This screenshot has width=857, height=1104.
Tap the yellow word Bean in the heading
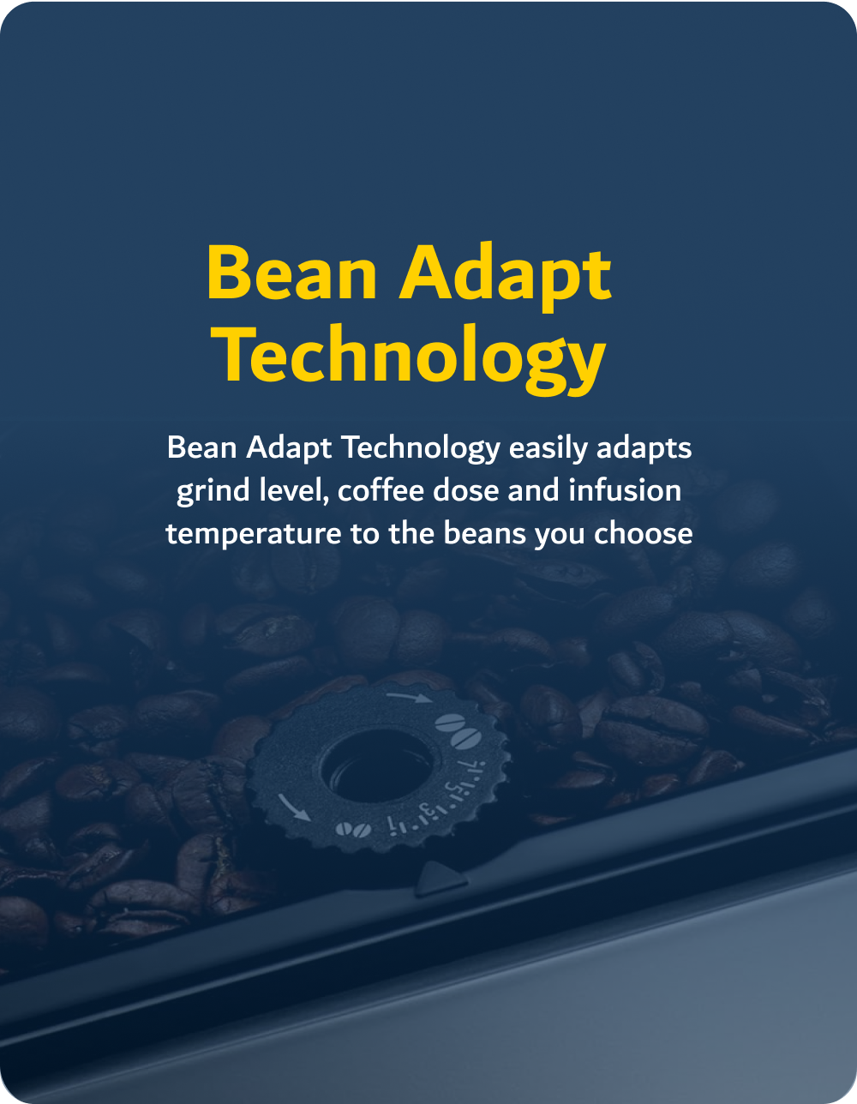click(x=291, y=274)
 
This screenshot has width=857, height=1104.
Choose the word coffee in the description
click(x=381, y=491)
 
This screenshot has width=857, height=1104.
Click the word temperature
click(x=254, y=535)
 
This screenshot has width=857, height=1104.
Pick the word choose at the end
click(x=643, y=533)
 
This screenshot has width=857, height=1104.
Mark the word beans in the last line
click(x=484, y=533)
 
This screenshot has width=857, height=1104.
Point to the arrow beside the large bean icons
click(x=409, y=697)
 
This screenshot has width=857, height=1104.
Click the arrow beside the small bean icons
click(x=294, y=807)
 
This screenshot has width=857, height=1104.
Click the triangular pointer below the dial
click(x=440, y=879)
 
